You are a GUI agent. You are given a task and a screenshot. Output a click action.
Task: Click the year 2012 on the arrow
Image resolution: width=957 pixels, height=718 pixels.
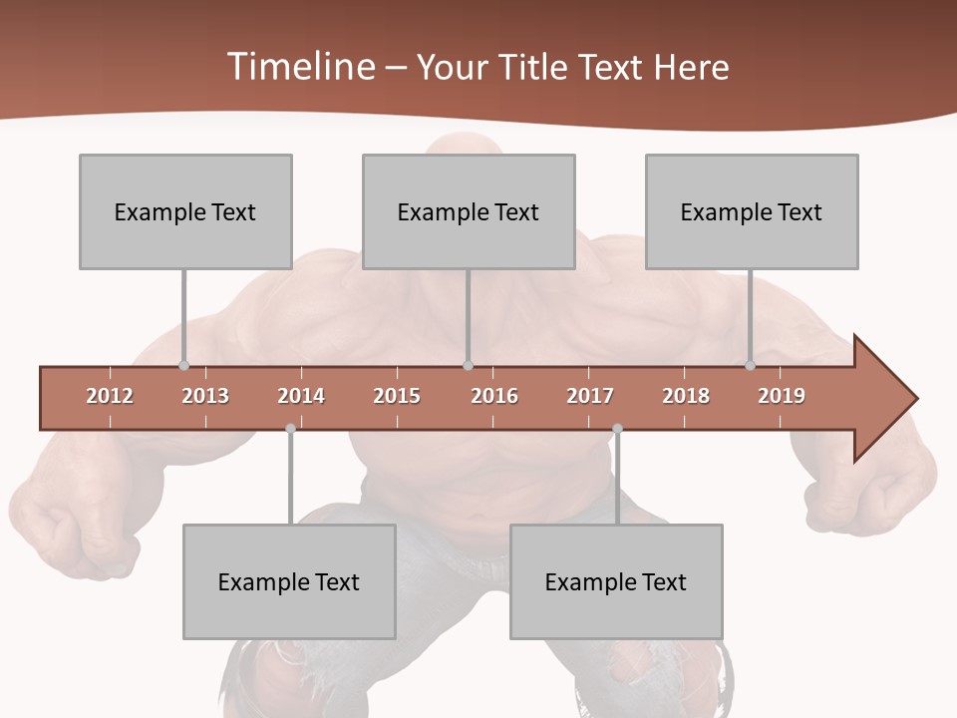coord(110,396)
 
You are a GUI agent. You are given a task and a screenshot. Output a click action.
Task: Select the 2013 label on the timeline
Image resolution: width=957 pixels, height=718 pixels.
coord(205,396)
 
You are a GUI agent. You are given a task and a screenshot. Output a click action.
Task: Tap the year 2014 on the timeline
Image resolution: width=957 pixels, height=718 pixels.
coord(301,396)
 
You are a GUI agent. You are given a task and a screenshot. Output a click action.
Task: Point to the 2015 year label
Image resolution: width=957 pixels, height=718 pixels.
coord(397,396)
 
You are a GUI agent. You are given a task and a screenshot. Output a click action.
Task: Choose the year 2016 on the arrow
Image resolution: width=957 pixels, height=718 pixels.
coord(494,396)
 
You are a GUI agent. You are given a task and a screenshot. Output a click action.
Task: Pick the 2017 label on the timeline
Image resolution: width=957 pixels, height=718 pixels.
coord(590,396)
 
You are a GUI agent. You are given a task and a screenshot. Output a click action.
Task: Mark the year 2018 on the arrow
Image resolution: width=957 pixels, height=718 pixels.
coord(686,396)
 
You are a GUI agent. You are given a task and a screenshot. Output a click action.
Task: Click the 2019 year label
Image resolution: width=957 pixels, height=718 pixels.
coord(782,396)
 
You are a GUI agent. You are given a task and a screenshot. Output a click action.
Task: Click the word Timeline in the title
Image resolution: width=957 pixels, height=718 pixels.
coord(299,67)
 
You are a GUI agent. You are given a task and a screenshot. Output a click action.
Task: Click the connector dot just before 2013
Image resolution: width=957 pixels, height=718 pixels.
coord(183,366)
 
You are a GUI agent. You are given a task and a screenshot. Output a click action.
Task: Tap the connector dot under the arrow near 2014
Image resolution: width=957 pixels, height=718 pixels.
coord(290,429)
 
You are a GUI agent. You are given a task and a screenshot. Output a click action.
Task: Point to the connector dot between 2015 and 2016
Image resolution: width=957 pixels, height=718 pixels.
coord(468,366)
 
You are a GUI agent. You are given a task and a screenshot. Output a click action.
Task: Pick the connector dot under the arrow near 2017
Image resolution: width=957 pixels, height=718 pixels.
coord(617,429)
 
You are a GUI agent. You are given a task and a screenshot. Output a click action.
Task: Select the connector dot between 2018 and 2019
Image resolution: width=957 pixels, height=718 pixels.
coord(751,366)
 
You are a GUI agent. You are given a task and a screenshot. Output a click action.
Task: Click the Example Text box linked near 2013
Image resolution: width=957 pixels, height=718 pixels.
coord(185,211)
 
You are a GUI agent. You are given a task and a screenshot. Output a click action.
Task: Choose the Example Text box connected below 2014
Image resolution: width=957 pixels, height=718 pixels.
coord(289,581)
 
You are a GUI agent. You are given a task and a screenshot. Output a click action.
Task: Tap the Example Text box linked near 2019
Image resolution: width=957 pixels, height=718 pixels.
coord(752,211)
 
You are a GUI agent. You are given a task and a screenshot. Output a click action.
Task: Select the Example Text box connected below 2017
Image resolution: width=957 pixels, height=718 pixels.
coord(616,581)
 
